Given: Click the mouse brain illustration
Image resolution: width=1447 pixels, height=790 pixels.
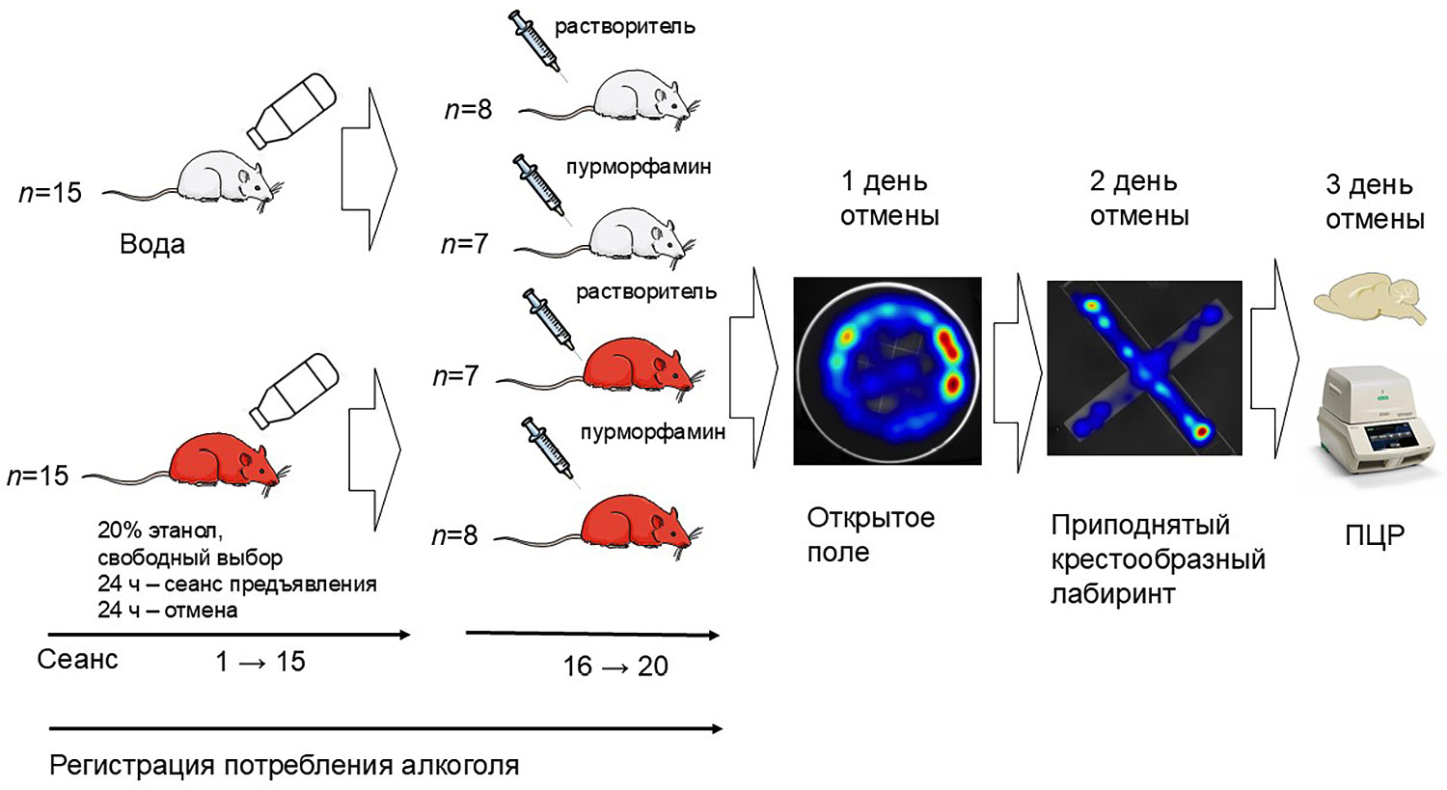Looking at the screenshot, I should pos(1369,300).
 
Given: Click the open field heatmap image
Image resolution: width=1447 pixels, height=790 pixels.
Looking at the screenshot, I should pos(887,371).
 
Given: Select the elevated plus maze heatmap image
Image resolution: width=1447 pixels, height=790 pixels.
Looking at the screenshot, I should pos(1144,368).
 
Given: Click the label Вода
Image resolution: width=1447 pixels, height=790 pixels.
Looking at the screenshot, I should pos(151,244).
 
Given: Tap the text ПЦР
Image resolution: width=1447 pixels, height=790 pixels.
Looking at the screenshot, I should pos(1375,534).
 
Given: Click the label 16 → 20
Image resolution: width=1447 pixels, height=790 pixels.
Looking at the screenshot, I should pos(615,666).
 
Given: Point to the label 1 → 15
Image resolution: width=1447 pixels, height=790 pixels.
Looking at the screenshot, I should pos(260,662).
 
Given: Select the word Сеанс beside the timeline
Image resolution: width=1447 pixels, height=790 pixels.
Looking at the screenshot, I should pos(77,660).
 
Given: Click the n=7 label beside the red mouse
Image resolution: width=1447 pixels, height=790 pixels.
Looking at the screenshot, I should pos(455,376).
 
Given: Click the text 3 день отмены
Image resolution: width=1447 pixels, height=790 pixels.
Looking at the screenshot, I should pos(1374,203).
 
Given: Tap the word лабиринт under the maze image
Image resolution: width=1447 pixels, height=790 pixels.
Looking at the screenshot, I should pos(1112,593).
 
